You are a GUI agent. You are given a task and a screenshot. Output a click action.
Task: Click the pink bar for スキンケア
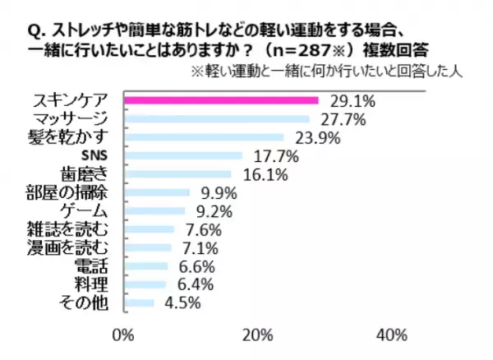(220, 101)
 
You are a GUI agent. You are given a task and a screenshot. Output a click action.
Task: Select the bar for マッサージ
(215, 118)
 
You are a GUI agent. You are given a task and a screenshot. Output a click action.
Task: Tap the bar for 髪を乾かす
(203, 136)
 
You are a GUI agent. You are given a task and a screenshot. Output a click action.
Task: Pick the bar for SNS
(182, 155)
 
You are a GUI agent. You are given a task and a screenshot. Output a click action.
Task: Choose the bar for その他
(138, 302)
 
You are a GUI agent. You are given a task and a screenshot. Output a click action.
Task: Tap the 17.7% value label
(272, 155)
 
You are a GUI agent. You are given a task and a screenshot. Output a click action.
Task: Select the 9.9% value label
(218, 193)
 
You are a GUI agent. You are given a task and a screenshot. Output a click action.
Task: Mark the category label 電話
(100, 265)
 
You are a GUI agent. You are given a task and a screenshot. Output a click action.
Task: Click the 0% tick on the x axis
(122, 335)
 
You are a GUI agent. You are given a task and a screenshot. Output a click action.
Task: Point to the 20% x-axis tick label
(257, 335)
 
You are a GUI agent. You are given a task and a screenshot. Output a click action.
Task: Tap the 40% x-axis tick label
(392, 335)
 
